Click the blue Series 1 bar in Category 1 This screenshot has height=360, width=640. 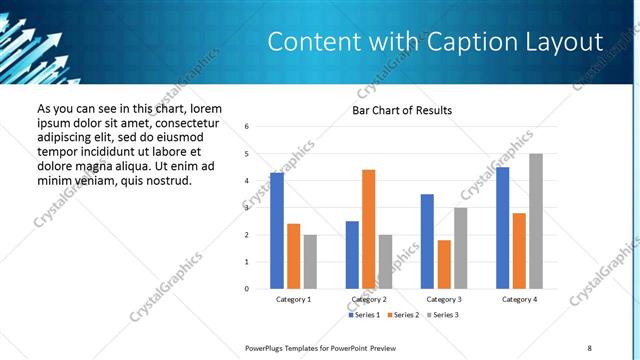pyautogui.click(x=277, y=231)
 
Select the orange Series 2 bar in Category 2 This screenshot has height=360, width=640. pyautogui.click(x=368, y=229)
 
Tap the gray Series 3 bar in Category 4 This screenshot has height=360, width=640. pyautogui.click(x=536, y=221)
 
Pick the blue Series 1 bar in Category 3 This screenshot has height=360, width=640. pyautogui.click(x=427, y=241)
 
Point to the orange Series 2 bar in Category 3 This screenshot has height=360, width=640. pyautogui.click(x=444, y=264)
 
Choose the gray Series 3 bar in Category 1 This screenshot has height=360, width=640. pyautogui.click(x=310, y=262)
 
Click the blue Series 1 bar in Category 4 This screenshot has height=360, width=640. pyautogui.click(x=502, y=228)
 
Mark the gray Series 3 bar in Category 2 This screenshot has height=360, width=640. pyautogui.click(x=385, y=262)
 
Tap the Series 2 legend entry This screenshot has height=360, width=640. pyautogui.click(x=404, y=315)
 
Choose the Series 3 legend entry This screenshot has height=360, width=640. pyautogui.click(x=443, y=315)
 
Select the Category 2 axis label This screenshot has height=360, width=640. pyautogui.click(x=369, y=299)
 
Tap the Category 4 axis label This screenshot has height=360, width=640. pyautogui.click(x=519, y=299)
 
